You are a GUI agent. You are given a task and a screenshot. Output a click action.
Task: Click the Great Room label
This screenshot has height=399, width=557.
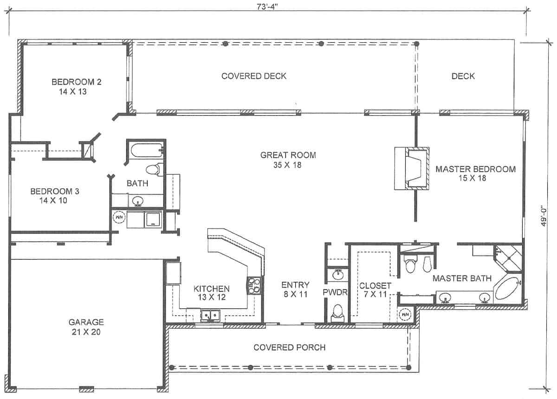pos(285,159)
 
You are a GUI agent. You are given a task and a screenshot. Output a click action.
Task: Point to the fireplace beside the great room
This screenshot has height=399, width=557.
pos(411,169)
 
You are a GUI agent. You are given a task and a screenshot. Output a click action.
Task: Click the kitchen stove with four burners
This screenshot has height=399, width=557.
pos(255,286)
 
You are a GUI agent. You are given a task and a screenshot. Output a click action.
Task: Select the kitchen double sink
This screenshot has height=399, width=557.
pos(210,315)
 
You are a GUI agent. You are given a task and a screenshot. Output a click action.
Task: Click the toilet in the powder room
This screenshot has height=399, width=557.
pos(338,312)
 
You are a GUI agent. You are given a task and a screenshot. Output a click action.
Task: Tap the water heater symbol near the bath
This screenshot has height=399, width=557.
pos(119,217)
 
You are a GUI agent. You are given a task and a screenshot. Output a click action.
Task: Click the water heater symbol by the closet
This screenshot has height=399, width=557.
pos(405,314)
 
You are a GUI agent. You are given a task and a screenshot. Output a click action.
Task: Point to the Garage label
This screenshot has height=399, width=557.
pos(86,327)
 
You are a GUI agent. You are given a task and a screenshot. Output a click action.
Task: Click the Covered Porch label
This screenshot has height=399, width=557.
pos(289,347)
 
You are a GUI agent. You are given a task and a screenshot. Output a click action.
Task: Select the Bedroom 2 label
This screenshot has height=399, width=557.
pos(76,86)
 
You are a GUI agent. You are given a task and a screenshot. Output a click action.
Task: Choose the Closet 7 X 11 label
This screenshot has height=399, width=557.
pos(375,290)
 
